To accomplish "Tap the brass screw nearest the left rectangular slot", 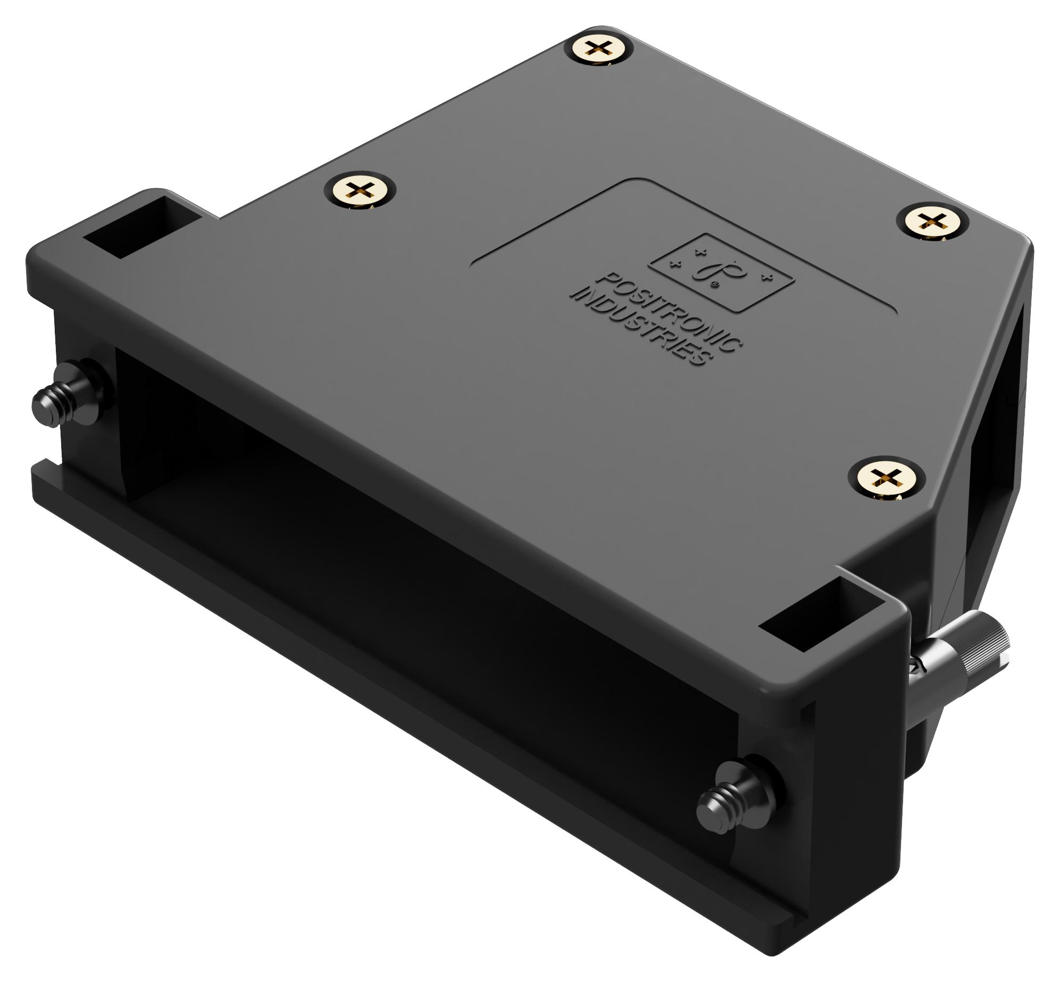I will (361, 190).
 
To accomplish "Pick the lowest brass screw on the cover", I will (885, 475).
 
